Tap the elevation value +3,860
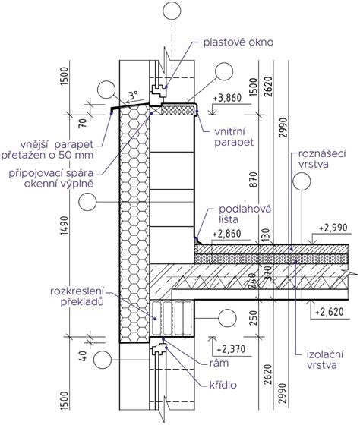coord(231,99)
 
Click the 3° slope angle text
coord(134,97)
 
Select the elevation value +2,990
coord(334,227)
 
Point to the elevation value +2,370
coord(231,350)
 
